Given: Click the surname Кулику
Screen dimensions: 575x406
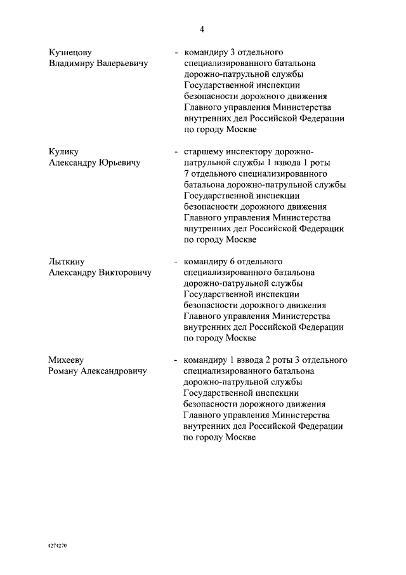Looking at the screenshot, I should pyautogui.click(x=64, y=152).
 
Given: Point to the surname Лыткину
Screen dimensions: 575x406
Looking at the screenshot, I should pyautogui.click(x=67, y=261).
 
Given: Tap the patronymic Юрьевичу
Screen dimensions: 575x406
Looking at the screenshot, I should pyautogui.click(x=119, y=163).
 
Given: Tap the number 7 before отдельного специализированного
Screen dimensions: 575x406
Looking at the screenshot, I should pyautogui.click(x=186, y=174).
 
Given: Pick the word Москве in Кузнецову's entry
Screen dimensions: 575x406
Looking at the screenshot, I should pyautogui.click(x=240, y=129).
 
